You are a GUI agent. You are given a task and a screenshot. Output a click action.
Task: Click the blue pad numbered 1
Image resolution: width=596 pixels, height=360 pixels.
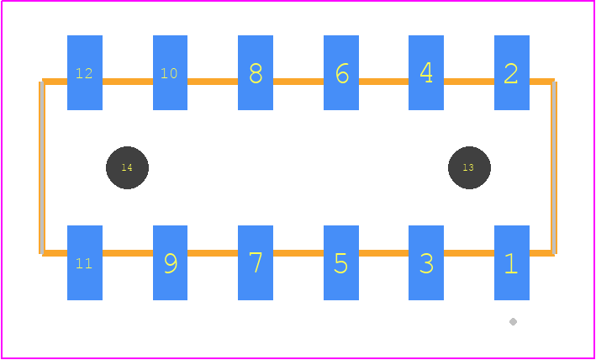(x=512, y=262)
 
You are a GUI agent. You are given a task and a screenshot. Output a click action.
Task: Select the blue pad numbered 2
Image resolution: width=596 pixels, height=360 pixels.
(x=512, y=72)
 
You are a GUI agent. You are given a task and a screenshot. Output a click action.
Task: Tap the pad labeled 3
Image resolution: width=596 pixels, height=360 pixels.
(x=426, y=262)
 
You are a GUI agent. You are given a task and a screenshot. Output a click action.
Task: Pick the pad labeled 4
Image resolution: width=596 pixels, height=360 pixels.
(x=426, y=72)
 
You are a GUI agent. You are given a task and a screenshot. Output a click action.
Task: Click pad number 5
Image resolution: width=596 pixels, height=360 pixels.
(x=341, y=262)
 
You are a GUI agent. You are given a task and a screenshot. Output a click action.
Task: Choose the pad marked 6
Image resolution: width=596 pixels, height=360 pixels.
(x=341, y=72)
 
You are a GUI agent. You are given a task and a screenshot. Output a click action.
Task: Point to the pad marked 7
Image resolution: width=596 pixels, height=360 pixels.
(x=256, y=262)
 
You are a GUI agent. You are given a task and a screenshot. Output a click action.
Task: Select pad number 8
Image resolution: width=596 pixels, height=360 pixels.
(x=256, y=72)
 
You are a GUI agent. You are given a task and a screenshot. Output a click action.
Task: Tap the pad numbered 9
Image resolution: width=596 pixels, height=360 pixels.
(x=170, y=262)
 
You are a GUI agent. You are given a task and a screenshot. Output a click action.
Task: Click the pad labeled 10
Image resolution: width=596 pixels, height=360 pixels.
(x=170, y=72)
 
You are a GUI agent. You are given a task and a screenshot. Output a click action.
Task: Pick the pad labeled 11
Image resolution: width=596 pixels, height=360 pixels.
(x=85, y=262)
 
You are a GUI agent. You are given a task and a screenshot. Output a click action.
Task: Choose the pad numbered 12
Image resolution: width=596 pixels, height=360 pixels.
(x=85, y=72)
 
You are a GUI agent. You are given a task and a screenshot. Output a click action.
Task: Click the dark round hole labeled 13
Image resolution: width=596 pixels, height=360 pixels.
(x=469, y=167)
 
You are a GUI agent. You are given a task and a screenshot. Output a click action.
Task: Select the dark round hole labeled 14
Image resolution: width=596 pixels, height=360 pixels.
(x=127, y=167)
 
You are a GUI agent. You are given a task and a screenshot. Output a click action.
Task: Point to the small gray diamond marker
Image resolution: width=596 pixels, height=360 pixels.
(x=513, y=322)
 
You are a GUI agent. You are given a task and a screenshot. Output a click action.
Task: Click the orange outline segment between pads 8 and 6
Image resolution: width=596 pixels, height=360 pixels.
(x=298, y=82)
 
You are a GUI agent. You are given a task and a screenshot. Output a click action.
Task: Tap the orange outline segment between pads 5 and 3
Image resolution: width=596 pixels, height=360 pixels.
(x=383, y=253)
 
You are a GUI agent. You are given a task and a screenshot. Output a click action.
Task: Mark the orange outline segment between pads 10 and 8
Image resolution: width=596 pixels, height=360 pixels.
(x=213, y=82)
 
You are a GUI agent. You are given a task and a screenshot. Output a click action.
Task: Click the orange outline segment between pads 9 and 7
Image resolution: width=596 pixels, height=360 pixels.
(x=213, y=253)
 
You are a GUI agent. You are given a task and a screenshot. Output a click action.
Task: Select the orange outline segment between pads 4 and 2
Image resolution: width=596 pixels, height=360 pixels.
(x=469, y=82)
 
